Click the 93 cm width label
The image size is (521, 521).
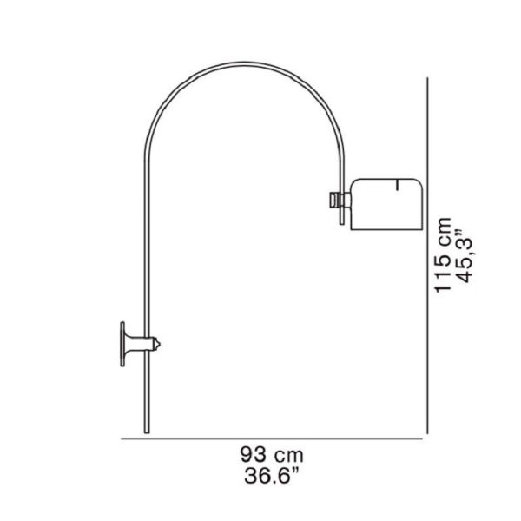pyautogui.click(x=272, y=455)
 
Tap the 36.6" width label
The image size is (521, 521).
pyautogui.click(x=272, y=476)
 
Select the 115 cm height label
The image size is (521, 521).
pyautogui.click(x=444, y=254)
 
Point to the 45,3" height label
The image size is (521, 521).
pyautogui.click(x=465, y=256)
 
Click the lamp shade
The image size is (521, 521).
pyautogui.click(x=386, y=204)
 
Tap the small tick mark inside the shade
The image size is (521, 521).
pyautogui.click(x=397, y=185)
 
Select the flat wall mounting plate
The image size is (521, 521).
pyautogui.click(x=122, y=344)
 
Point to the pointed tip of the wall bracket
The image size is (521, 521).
pyautogui.click(x=160, y=344)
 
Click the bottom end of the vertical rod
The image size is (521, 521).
pyautogui.click(x=147, y=432)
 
